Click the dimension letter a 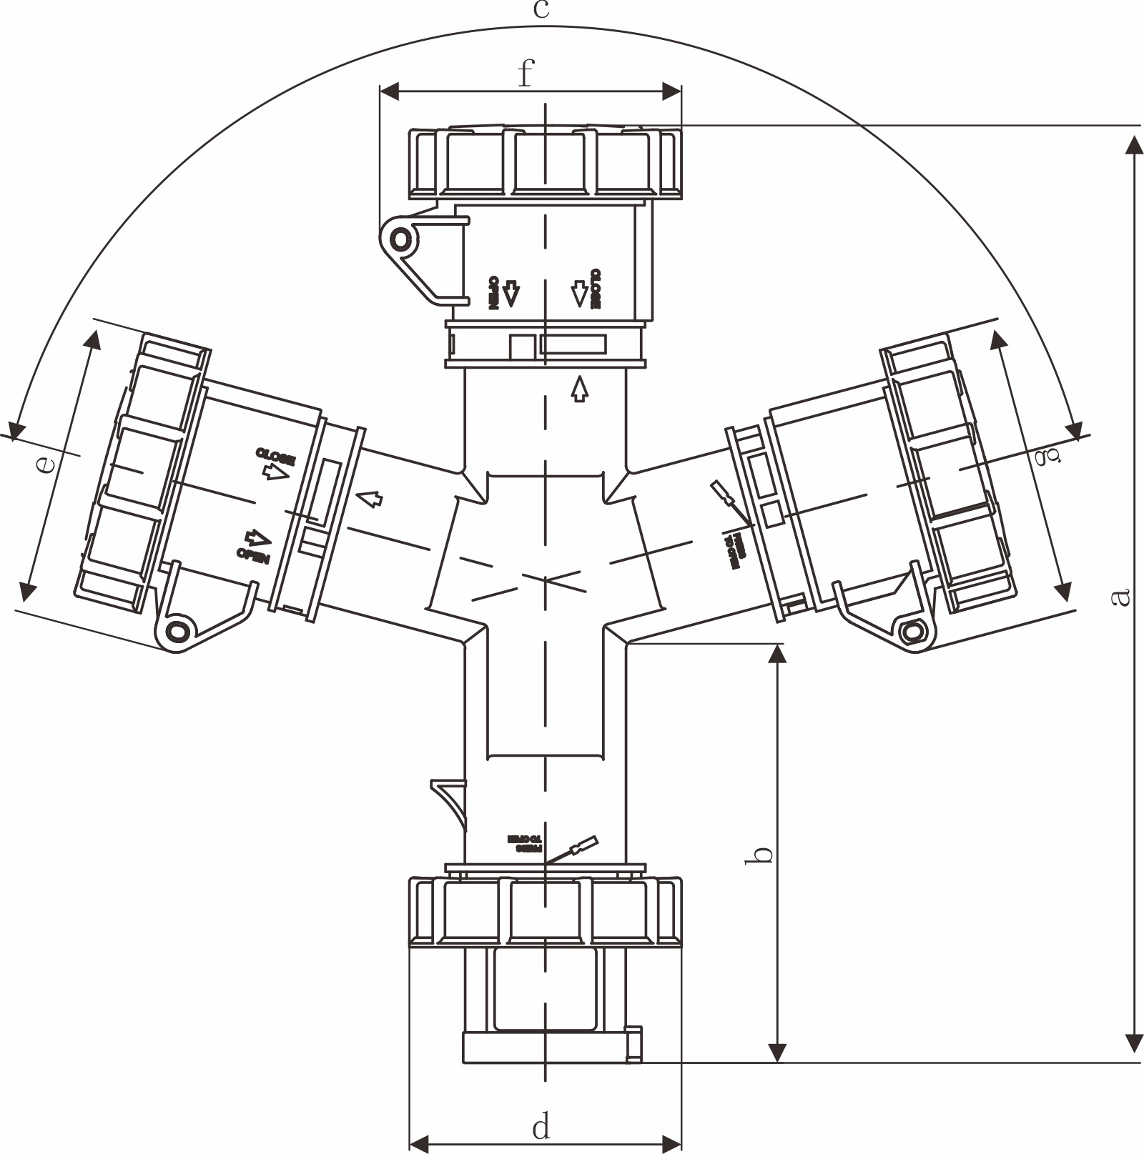coord(1122,595)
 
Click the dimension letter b coord(763,854)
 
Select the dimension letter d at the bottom coord(541,1128)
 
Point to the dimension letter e coord(44,465)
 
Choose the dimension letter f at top coord(526,73)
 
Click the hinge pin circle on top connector coord(401,238)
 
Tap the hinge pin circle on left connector coord(176,631)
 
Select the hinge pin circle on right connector coord(913,632)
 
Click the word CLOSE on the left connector coord(275,455)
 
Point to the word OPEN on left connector coord(252,556)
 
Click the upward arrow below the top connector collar coord(580,389)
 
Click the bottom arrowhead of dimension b coord(777,1052)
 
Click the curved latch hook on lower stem coord(449,800)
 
